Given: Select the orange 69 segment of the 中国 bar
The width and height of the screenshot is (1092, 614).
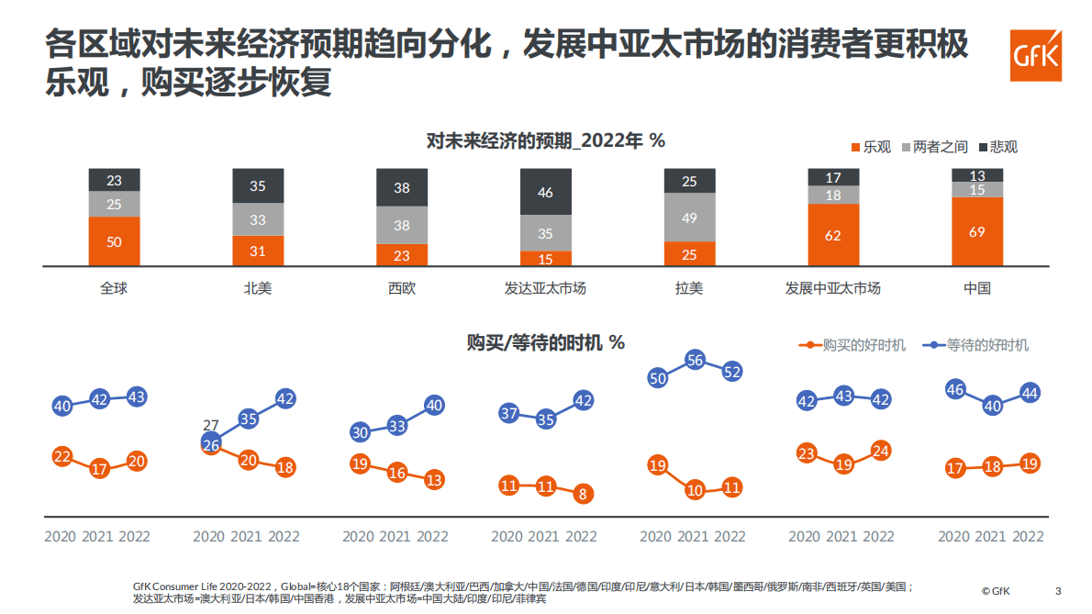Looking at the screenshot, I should pos(976,232).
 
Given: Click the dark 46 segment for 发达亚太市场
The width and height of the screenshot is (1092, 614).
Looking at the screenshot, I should pos(545,193).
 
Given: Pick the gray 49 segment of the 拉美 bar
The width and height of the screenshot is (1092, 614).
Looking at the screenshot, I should pos(689,218).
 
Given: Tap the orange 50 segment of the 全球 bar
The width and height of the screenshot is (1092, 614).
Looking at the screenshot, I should pos(114,241).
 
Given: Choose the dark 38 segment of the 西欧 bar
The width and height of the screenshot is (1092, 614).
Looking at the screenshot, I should pos(402,187).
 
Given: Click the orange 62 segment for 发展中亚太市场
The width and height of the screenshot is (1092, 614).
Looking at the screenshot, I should pos(833,235).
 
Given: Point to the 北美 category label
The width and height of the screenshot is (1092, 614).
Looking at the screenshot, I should pos(257,288).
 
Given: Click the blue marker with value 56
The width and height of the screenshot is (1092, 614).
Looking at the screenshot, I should pos(695,361).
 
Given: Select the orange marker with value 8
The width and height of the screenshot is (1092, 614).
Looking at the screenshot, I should pos(583,494).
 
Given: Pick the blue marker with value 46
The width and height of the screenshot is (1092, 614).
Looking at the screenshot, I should pos(954,390).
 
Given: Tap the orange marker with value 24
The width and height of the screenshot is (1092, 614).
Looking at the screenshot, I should pos(881,451).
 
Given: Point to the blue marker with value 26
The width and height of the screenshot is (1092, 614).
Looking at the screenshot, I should pos(211,444).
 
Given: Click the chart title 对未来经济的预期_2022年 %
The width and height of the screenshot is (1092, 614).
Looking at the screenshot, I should pos(545,140).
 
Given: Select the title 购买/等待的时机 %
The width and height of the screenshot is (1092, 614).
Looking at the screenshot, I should pos(545,342).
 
